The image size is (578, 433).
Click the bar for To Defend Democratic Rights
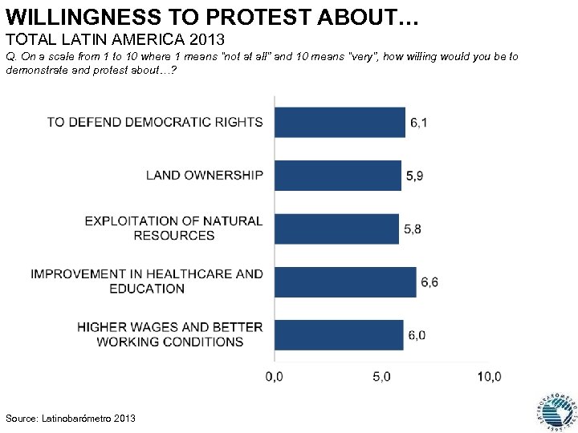click(340, 122)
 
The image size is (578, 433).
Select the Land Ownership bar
click(337, 176)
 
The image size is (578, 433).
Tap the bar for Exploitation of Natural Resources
click(336, 229)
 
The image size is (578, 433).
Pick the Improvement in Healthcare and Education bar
click(345, 281)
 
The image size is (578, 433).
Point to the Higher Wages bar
click(339, 334)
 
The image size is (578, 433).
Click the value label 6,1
click(418, 123)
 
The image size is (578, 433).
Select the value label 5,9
click(414, 176)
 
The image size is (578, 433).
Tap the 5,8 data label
click(412, 229)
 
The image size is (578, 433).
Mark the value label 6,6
click(429, 282)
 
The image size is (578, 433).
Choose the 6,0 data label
click(417, 335)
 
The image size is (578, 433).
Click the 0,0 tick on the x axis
click(274, 376)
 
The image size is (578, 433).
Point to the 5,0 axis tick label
click(381, 376)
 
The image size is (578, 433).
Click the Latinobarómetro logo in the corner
click(552, 408)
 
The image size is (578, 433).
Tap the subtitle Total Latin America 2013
click(114, 38)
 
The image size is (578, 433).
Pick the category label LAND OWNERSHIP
click(204, 176)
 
